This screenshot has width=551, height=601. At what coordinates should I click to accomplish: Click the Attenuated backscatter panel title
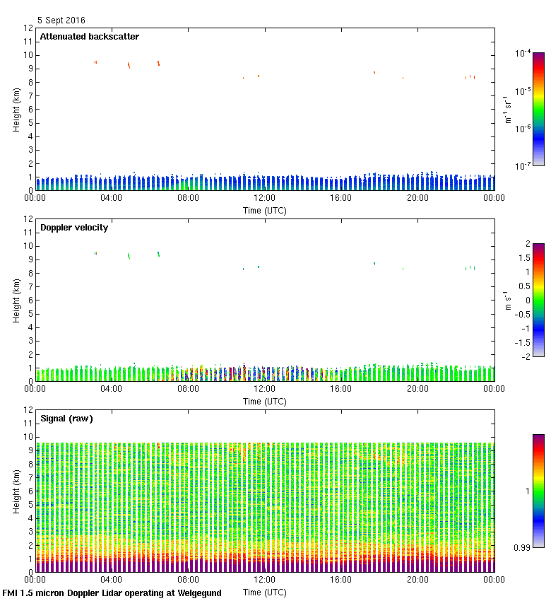tap(89, 37)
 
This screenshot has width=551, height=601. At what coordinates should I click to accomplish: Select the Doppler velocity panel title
tap(74, 228)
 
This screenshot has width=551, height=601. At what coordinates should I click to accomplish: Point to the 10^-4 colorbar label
tap(523, 53)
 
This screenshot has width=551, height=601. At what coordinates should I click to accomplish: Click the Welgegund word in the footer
tap(197, 593)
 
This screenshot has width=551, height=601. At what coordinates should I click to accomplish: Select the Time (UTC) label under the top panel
tap(265, 210)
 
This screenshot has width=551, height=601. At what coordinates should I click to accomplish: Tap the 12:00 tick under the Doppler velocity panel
tap(265, 388)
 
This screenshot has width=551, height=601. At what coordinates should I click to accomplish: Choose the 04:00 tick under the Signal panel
tap(112, 579)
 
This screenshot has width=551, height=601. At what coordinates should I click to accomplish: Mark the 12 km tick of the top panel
tap(28, 28)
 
